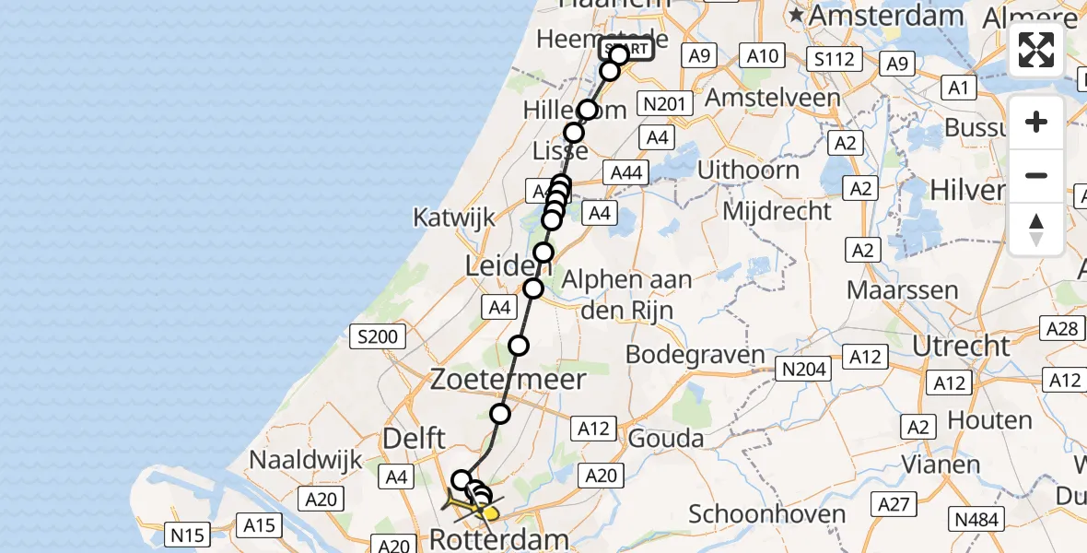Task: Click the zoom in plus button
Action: coord(1036,122)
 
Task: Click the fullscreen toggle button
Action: coord(1036,50)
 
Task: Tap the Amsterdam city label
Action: coord(886,16)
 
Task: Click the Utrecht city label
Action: coord(962,346)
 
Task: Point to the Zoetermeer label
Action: coord(508,379)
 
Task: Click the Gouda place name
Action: coord(666,438)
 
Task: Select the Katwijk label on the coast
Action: coord(454,218)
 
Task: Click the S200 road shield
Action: coord(379,336)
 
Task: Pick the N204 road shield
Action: coord(804,370)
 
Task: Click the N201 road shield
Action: coord(664,104)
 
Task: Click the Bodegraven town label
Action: coord(695,354)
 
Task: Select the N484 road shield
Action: coord(977,520)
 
